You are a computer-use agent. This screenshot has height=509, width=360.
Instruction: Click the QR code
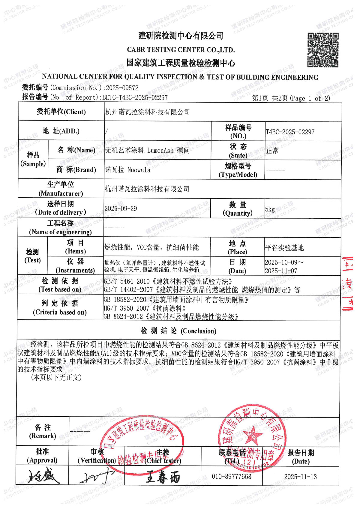[x=323, y=50]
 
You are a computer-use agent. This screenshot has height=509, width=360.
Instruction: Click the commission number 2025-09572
[x=122, y=88]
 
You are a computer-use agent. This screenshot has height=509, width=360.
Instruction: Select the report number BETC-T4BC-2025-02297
[x=135, y=97]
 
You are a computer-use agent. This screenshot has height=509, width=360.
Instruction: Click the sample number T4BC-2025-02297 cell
[x=290, y=132]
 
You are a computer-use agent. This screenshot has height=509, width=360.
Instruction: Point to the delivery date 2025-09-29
[x=121, y=209]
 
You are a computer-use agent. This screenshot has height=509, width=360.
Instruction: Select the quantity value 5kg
[x=270, y=209]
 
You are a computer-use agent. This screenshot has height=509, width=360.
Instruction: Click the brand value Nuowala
[x=139, y=170]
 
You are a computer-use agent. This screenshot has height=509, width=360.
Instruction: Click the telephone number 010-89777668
[x=231, y=476]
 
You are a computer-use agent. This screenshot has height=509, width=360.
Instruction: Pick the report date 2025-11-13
[x=300, y=477]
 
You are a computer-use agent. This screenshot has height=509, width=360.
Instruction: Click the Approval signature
[x=44, y=476]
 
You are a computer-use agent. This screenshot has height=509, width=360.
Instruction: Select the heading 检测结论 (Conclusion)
[x=178, y=331]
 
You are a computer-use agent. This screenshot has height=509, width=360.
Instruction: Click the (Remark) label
[x=43, y=436]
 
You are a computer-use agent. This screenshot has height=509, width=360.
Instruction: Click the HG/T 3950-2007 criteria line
[x=145, y=308]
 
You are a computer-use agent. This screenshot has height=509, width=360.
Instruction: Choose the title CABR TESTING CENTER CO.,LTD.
[x=181, y=50]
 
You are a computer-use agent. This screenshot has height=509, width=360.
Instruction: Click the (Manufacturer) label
[x=61, y=193]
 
